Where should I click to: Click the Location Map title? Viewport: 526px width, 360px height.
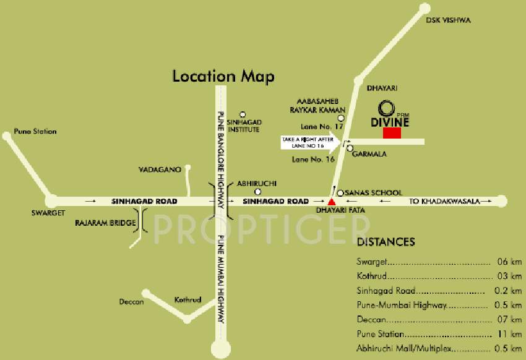pos(223,77)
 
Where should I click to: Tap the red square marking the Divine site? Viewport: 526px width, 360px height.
pos(391,132)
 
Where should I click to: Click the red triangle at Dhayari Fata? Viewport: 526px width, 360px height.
pos(332,201)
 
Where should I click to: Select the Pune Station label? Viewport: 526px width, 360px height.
pos(35,131)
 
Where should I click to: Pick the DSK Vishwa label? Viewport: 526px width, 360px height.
pos(448,20)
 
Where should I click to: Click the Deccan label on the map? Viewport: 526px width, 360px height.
pos(131,302)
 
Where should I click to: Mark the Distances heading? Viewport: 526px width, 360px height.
pos(386,242)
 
